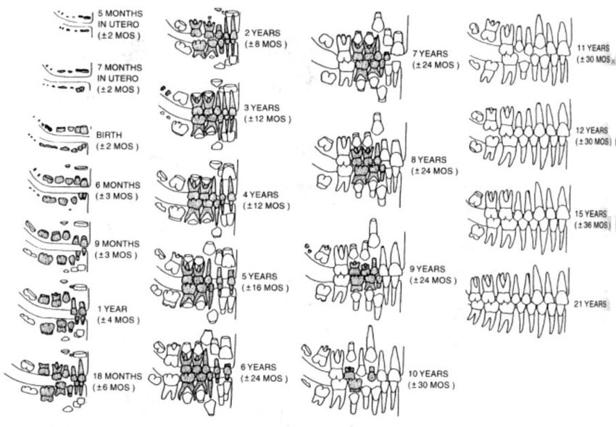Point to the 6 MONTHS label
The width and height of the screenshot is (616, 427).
(x=119, y=186)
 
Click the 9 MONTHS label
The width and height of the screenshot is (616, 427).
(x=119, y=244)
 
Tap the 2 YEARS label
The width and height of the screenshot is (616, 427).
(x=266, y=33)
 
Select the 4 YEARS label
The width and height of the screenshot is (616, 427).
(x=266, y=194)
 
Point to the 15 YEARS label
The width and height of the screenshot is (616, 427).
(x=596, y=214)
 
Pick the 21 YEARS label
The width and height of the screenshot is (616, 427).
(x=596, y=303)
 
